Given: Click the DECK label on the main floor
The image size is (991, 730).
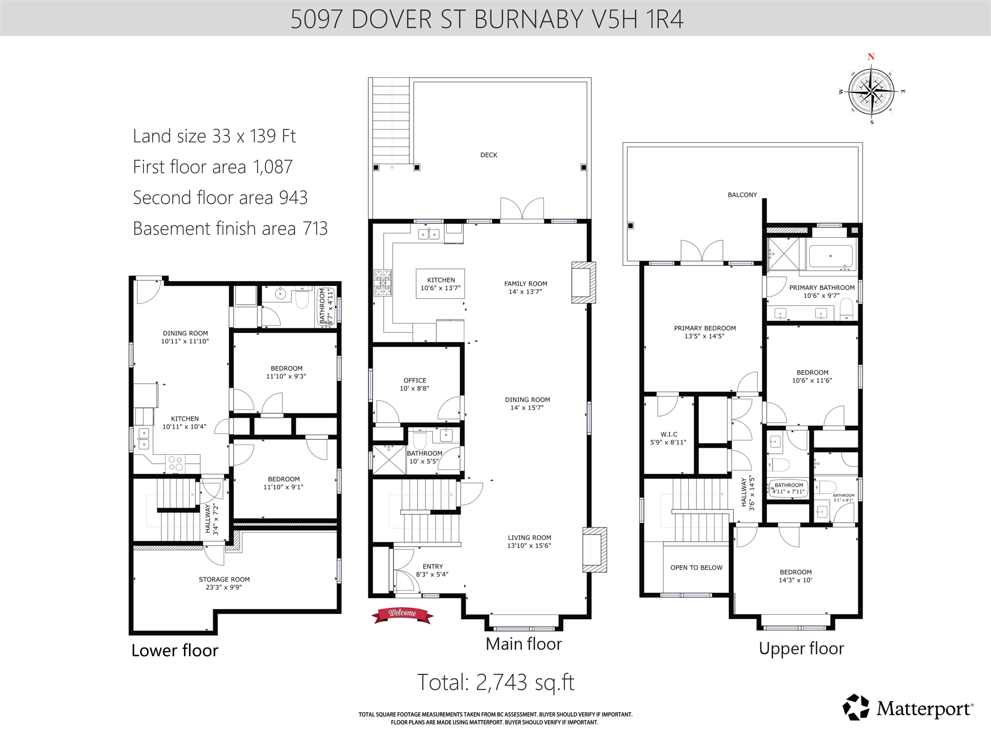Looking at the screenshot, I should (489, 155).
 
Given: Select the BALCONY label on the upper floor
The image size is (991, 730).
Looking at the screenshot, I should (742, 195).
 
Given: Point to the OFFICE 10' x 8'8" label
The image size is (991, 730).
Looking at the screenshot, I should (414, 384).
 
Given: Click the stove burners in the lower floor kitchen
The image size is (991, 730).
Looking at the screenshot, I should (176, 463).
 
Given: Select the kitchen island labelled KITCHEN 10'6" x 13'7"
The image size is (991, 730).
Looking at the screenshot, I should (440, 284).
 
